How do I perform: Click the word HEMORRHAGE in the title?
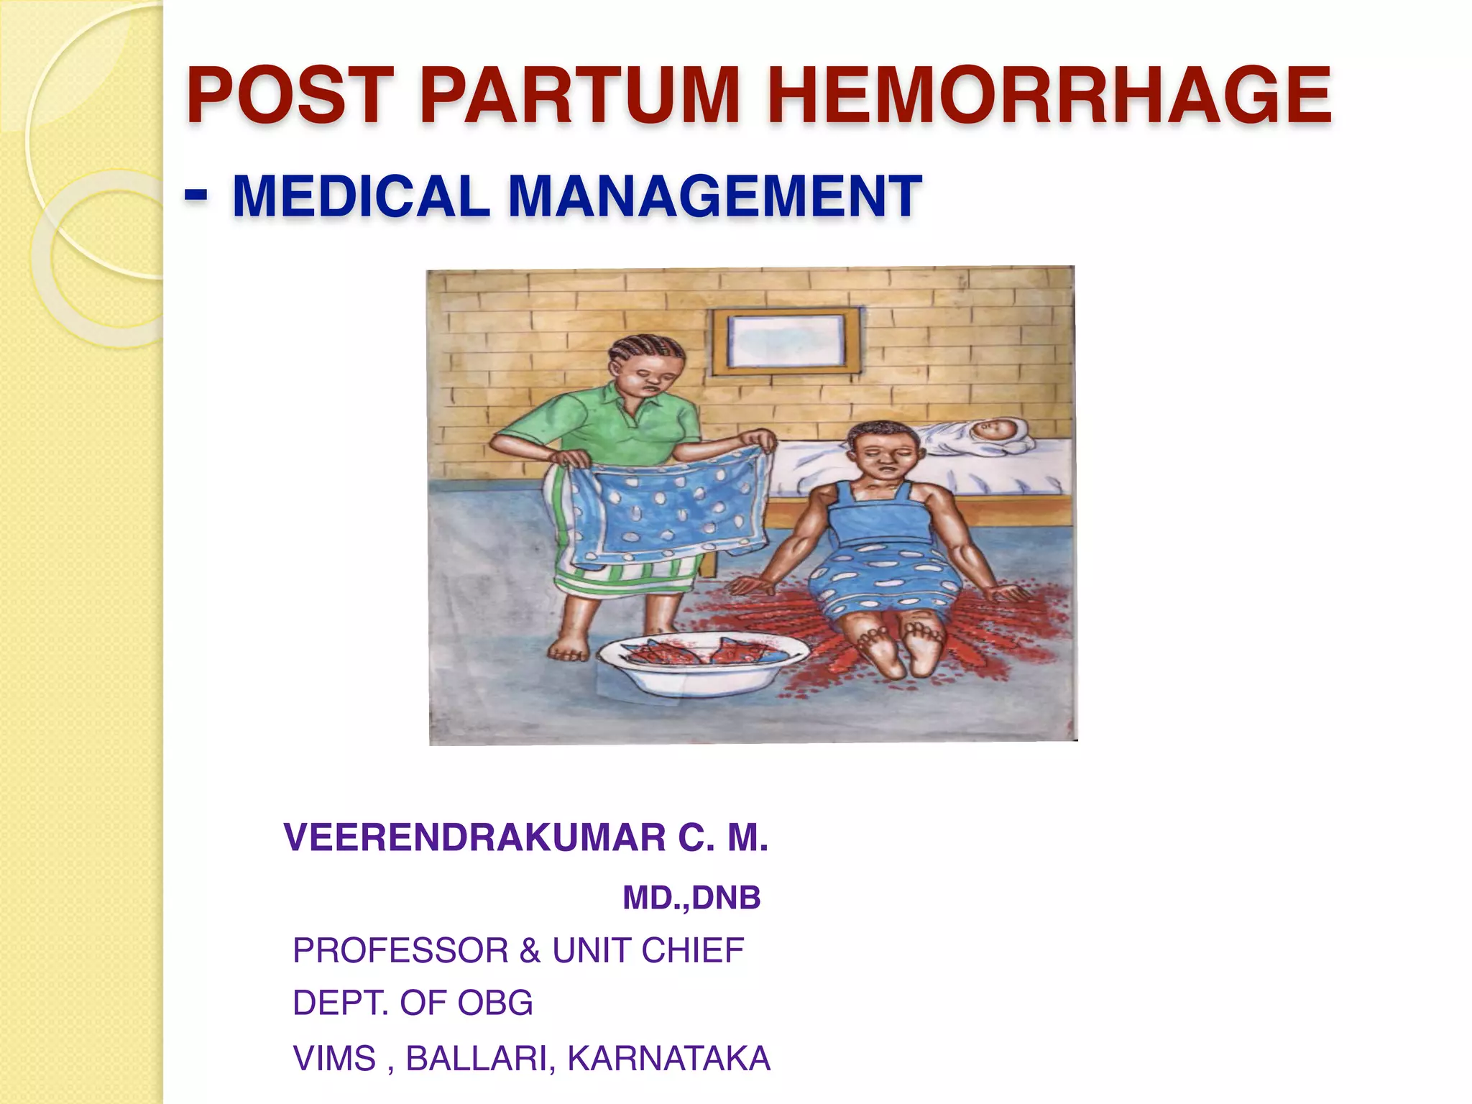pyautogui.click(x=1049, y=96)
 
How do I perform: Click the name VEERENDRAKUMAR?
pyautogui.click(x=475, y=838)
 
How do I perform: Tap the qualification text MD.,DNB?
pyautogui.click(x=691, y=898)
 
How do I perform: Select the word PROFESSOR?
pyautogui.click(x=400, y=950)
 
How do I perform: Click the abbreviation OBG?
pyautogui.click(x=495, y=1003)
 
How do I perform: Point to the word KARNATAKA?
pyautogui.click(x=669, y=1058)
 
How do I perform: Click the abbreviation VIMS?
pyautogui.click(x=334, y=1058)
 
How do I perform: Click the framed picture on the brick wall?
pyautogui.click(x=786, y=341)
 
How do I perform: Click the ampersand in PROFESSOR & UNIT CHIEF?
pyautogui.click(x=530, y=950)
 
